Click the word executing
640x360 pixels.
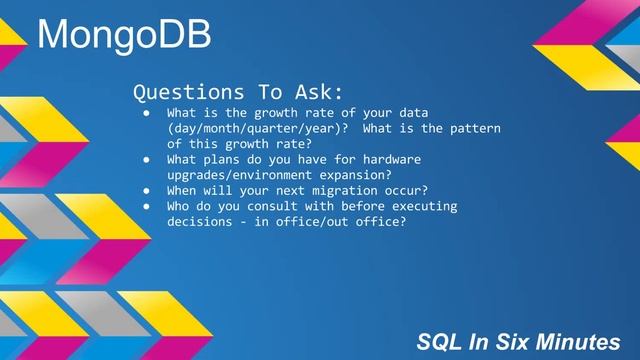[421, 206]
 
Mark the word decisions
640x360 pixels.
[202, 222]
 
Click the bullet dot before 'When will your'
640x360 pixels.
[146, 191]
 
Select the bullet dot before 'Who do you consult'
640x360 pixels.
[146, 206]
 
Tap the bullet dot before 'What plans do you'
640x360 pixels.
[146, 160]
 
